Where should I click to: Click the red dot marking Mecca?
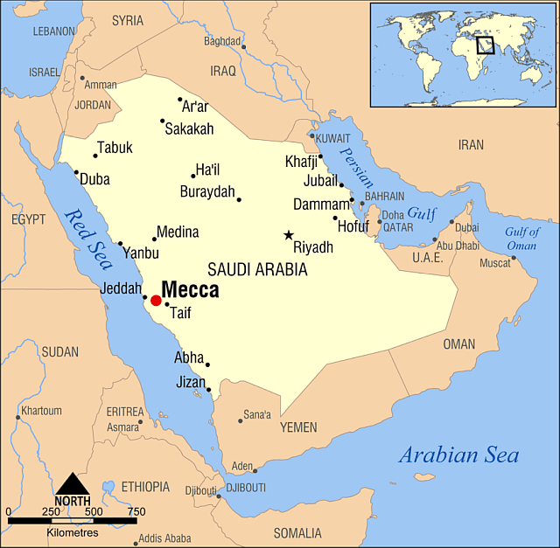click(156, 301)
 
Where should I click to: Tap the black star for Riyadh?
click(289, 235)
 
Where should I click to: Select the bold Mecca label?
click(190, 290)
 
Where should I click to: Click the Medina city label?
click(178, 232)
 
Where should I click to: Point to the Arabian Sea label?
click(458, 455)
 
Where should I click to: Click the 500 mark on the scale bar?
click(94, 512)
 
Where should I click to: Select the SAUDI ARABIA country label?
click(257, 270)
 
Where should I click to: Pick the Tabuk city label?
click(115, 148)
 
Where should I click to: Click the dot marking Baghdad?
click(244, 47)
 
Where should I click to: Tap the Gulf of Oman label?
click(521, 239)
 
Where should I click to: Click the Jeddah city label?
click(121, 287)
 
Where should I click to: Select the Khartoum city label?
click(42, 411)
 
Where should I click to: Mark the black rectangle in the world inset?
click(485, 44)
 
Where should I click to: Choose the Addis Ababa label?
click(164, 538)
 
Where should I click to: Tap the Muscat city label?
click(494, 262)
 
